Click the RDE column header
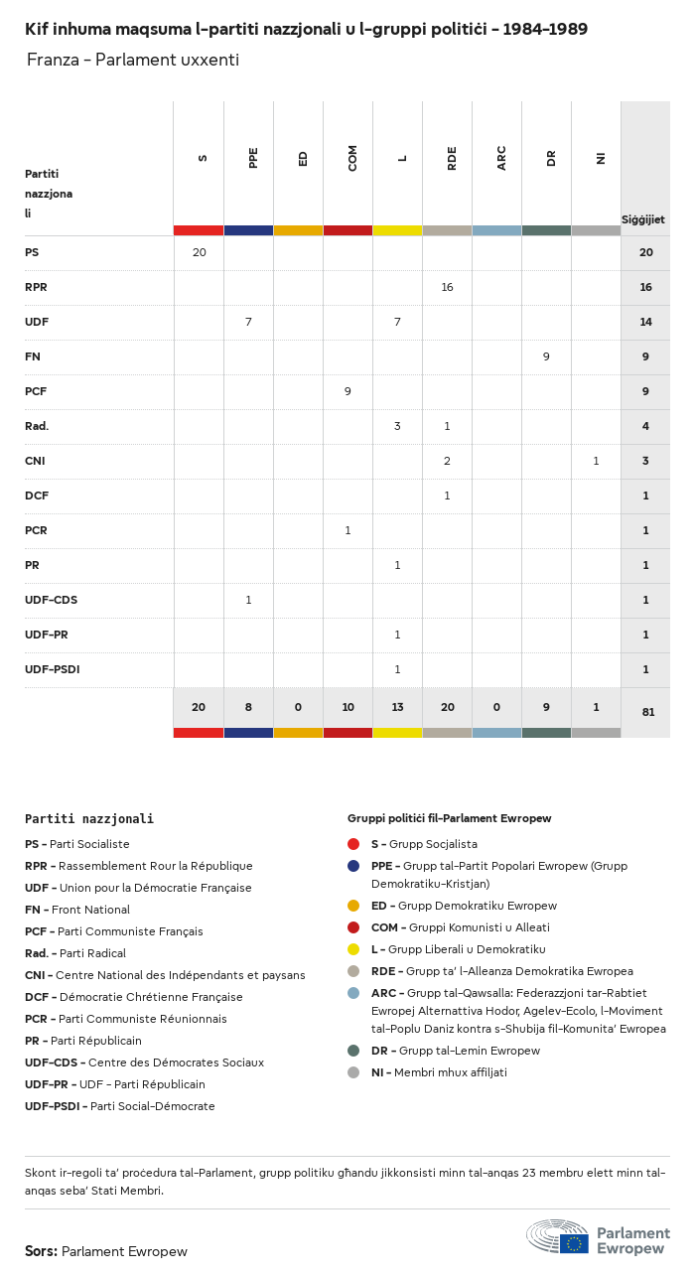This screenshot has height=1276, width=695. point(452,158)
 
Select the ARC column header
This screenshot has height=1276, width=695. point(501,158)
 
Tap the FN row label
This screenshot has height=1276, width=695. point(33,356)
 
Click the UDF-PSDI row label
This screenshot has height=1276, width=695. point(52,669)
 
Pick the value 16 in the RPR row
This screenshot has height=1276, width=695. point(447,287)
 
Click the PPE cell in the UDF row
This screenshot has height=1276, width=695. point(248,322)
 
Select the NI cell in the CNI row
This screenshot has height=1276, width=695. point(596,461)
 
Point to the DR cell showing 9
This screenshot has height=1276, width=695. point(546,356)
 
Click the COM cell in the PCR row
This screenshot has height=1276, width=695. point(347,530)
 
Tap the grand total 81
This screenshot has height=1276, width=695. point(645,712)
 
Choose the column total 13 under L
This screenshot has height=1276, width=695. point(397,706)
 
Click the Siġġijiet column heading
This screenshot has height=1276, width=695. point(643,219)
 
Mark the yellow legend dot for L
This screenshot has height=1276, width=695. point(353,949)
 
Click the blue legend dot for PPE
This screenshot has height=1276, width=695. point(353,866)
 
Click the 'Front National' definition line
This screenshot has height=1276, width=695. point(77,910)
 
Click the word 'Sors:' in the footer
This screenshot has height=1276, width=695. point(41,1251)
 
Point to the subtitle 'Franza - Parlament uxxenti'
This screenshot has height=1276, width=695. point(133,61)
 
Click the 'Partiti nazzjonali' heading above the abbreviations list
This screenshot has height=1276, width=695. point(89,819)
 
